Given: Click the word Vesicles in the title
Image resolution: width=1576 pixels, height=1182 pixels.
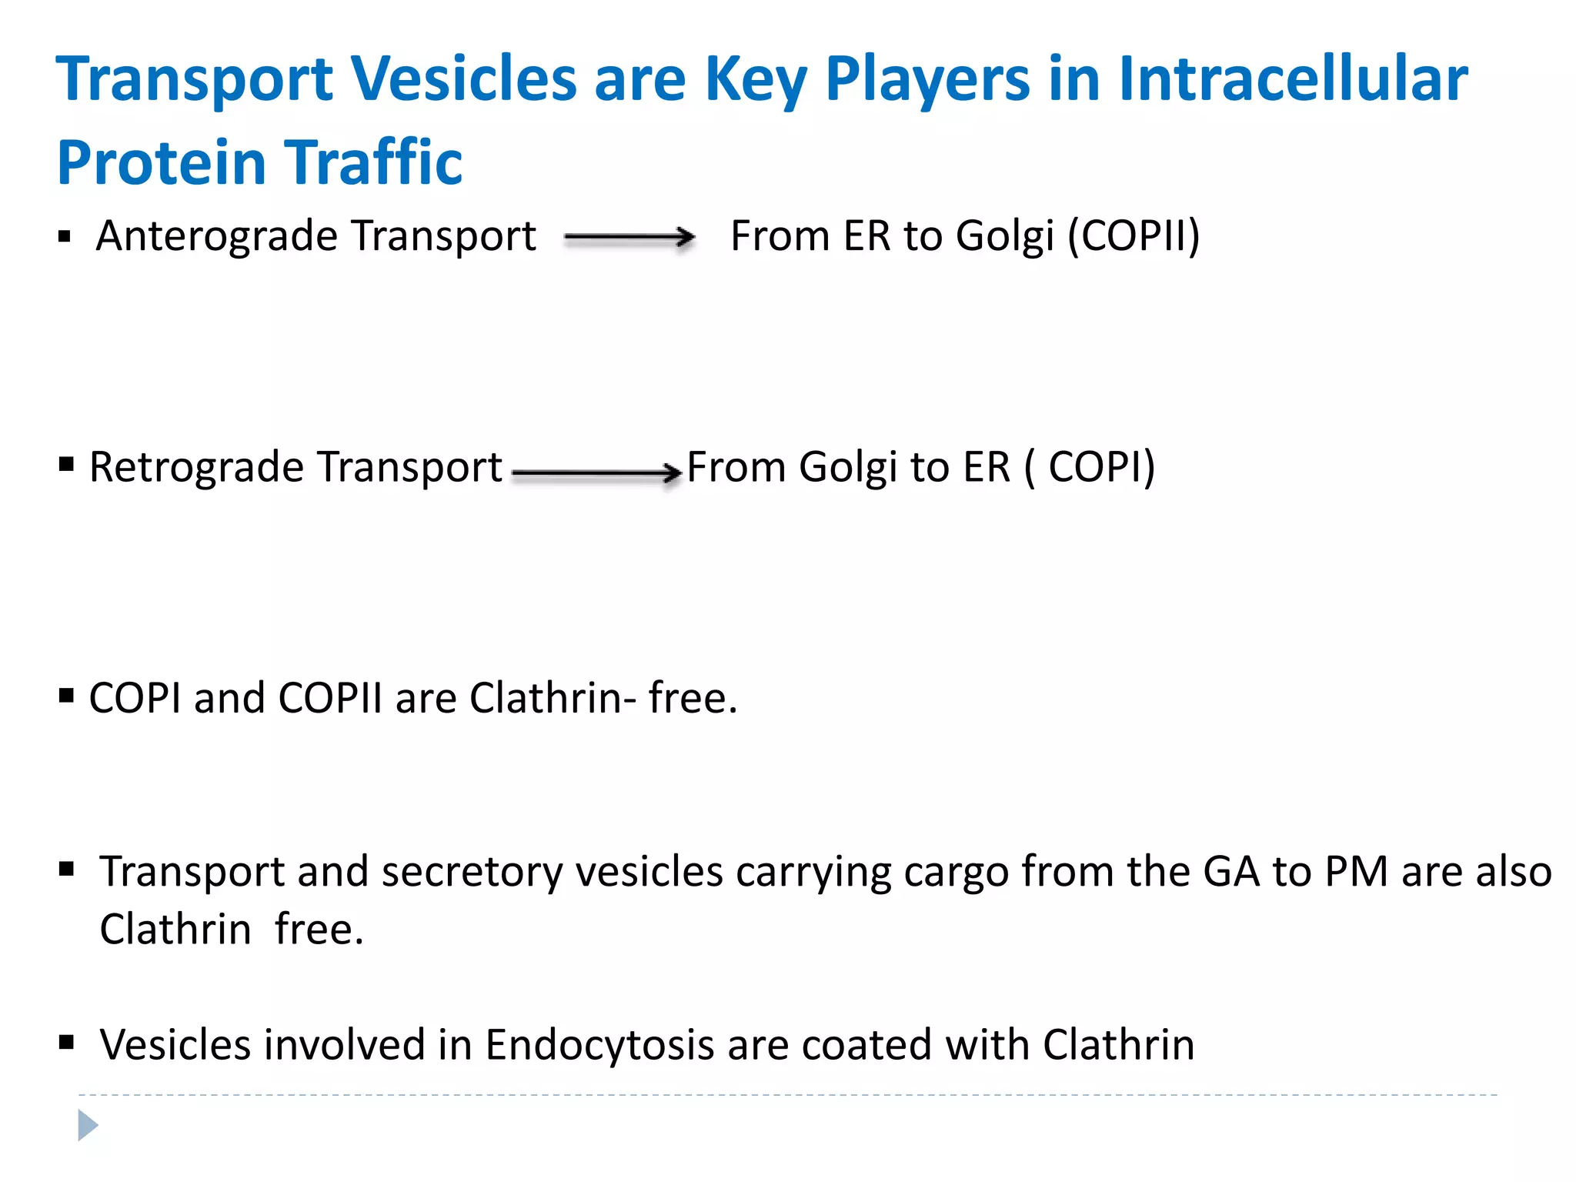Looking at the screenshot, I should click(463, 79).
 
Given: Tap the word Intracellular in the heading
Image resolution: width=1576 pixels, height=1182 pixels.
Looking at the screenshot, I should click(1293, 79).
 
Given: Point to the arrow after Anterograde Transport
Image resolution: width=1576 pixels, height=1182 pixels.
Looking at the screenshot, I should click(629, 238).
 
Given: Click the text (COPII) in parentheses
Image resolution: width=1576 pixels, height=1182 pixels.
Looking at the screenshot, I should click(1133, 236).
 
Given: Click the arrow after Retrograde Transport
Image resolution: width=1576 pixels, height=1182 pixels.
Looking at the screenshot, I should click(596, 472).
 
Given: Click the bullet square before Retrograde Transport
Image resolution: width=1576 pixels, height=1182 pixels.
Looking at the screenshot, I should click(66, 464).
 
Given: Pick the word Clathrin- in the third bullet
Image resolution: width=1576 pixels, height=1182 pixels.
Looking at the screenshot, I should click(553, 698).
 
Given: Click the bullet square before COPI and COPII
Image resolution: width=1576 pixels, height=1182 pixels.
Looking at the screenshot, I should click(66, 696).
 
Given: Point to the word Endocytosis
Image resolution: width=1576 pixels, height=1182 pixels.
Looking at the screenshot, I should click(599, 1045).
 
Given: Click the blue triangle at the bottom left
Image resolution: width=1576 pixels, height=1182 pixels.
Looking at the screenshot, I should click(88, 1125).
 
